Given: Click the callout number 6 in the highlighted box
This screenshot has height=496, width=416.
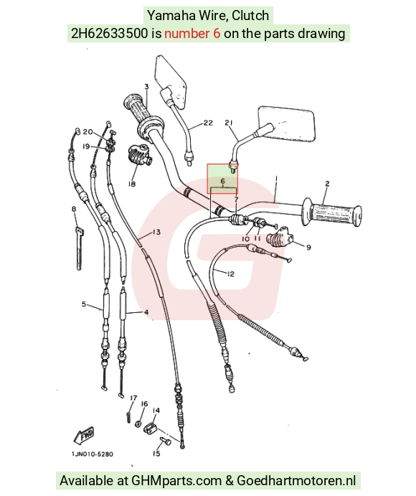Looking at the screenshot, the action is point(222,181).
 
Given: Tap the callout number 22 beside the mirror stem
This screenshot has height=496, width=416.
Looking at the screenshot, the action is point(208,123).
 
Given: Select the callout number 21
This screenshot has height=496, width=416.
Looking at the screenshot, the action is point(229,123).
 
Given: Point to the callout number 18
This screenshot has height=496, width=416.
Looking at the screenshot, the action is point(132,184).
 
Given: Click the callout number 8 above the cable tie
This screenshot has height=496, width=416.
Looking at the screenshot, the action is point(74,209).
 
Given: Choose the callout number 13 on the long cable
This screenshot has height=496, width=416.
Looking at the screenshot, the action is point(156,232).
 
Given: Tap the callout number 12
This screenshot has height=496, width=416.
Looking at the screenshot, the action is point(231,274).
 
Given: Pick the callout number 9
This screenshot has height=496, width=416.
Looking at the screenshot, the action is point(308,247).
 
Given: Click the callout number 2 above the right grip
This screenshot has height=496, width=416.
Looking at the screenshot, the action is point(327,184).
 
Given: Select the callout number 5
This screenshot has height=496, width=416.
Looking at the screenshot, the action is point(84,304).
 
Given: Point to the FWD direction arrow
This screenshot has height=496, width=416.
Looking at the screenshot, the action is point(84,435).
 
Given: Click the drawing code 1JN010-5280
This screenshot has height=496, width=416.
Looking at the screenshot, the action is point(93,454).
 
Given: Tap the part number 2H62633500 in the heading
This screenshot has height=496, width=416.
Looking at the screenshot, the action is point(109,33).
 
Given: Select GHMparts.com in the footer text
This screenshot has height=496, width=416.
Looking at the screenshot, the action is point(176,480).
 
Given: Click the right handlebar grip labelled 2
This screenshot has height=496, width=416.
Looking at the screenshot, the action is point(332,212).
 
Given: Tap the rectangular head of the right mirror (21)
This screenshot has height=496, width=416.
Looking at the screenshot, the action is point(287,123).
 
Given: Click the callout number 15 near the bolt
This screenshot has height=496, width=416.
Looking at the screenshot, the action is point(156,454).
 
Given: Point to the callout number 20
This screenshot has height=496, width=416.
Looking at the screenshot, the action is point(88,131).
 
